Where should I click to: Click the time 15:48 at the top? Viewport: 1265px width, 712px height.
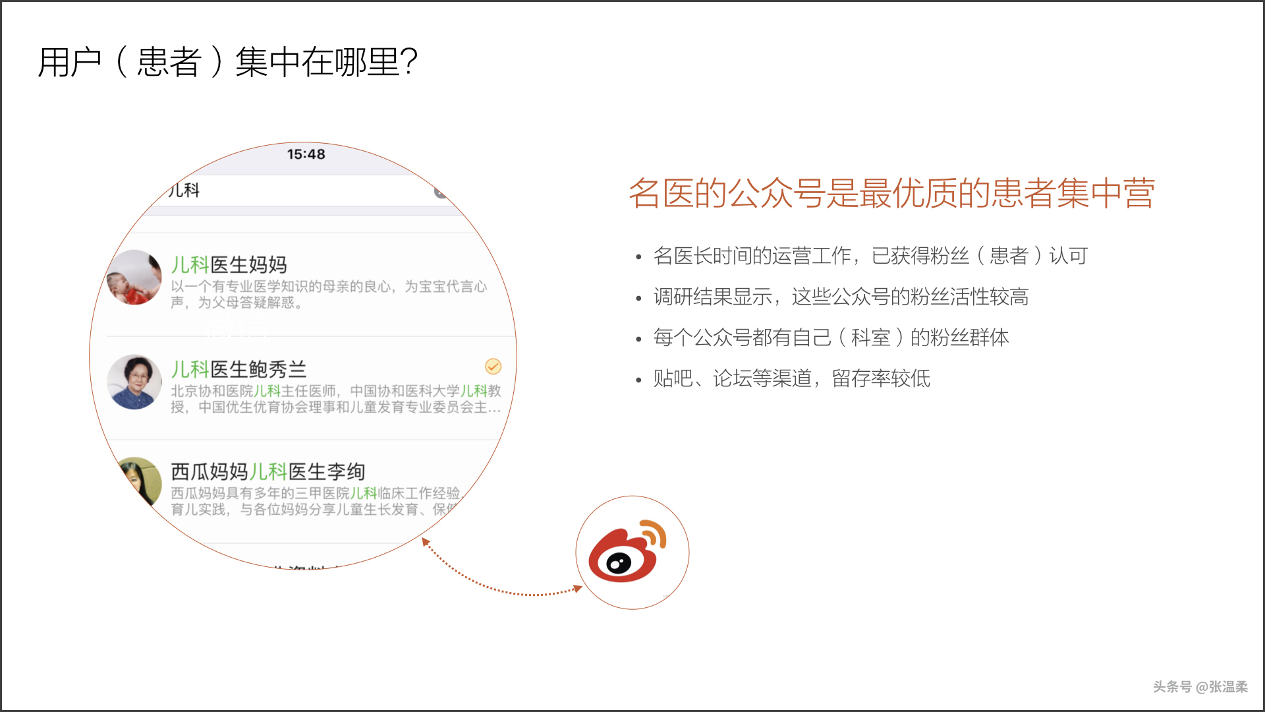point(306,154)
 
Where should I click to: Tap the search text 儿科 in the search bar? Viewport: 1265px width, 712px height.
point(184,191)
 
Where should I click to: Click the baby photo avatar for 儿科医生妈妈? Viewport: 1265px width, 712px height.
point(134,278)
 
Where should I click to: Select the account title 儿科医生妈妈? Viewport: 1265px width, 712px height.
point(229,265)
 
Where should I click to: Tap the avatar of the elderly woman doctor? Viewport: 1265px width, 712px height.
point(134,382)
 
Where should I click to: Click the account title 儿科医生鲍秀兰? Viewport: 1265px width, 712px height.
point(239,369)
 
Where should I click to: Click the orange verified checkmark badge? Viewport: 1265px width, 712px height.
point(493,366)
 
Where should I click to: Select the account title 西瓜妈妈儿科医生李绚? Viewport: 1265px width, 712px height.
point(267,472)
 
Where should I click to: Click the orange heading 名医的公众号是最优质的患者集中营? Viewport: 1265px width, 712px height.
point(891,194)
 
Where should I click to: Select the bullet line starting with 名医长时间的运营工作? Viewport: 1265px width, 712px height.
point(870,256)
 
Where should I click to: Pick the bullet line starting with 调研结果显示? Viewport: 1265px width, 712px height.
point(841,297)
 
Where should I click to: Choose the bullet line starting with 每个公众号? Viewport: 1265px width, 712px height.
point(830,338)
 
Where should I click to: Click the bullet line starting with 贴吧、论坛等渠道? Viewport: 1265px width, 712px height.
point(791,379)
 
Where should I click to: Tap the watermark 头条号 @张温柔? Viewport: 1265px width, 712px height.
point(1200,687)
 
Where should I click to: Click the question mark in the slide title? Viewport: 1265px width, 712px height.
point(408,62)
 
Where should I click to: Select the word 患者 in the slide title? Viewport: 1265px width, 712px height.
point(169,63)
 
